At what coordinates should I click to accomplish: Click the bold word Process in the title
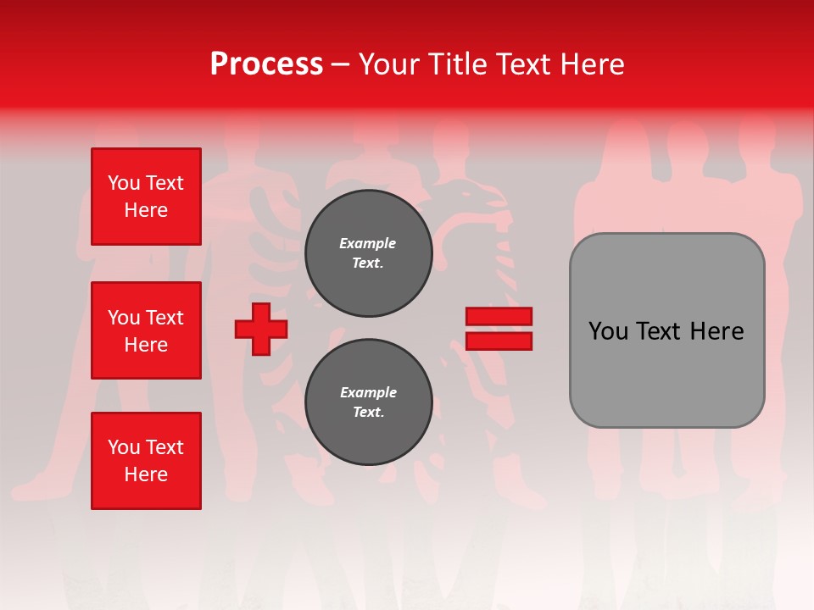point(266,64)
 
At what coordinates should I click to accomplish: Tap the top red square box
point(146,197)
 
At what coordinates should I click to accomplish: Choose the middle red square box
point(146,330)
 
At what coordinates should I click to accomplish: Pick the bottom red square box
point(146,461)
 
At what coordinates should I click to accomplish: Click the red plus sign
point(261,330)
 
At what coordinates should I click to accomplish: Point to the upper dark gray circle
point(368,253)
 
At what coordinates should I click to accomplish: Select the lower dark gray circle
point(368,402)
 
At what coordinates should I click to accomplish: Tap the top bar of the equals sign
point(499,316)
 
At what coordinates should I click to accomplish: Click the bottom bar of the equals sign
point(499,341)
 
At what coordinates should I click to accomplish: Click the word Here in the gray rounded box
point(716,331)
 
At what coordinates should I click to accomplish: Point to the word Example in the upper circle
point(368,243)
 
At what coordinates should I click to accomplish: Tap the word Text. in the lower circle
point(368,413)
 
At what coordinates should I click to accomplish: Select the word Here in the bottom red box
point(146,474)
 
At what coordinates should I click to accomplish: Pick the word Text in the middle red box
point(164,318)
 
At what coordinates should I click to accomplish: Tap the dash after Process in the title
point(340,65)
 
